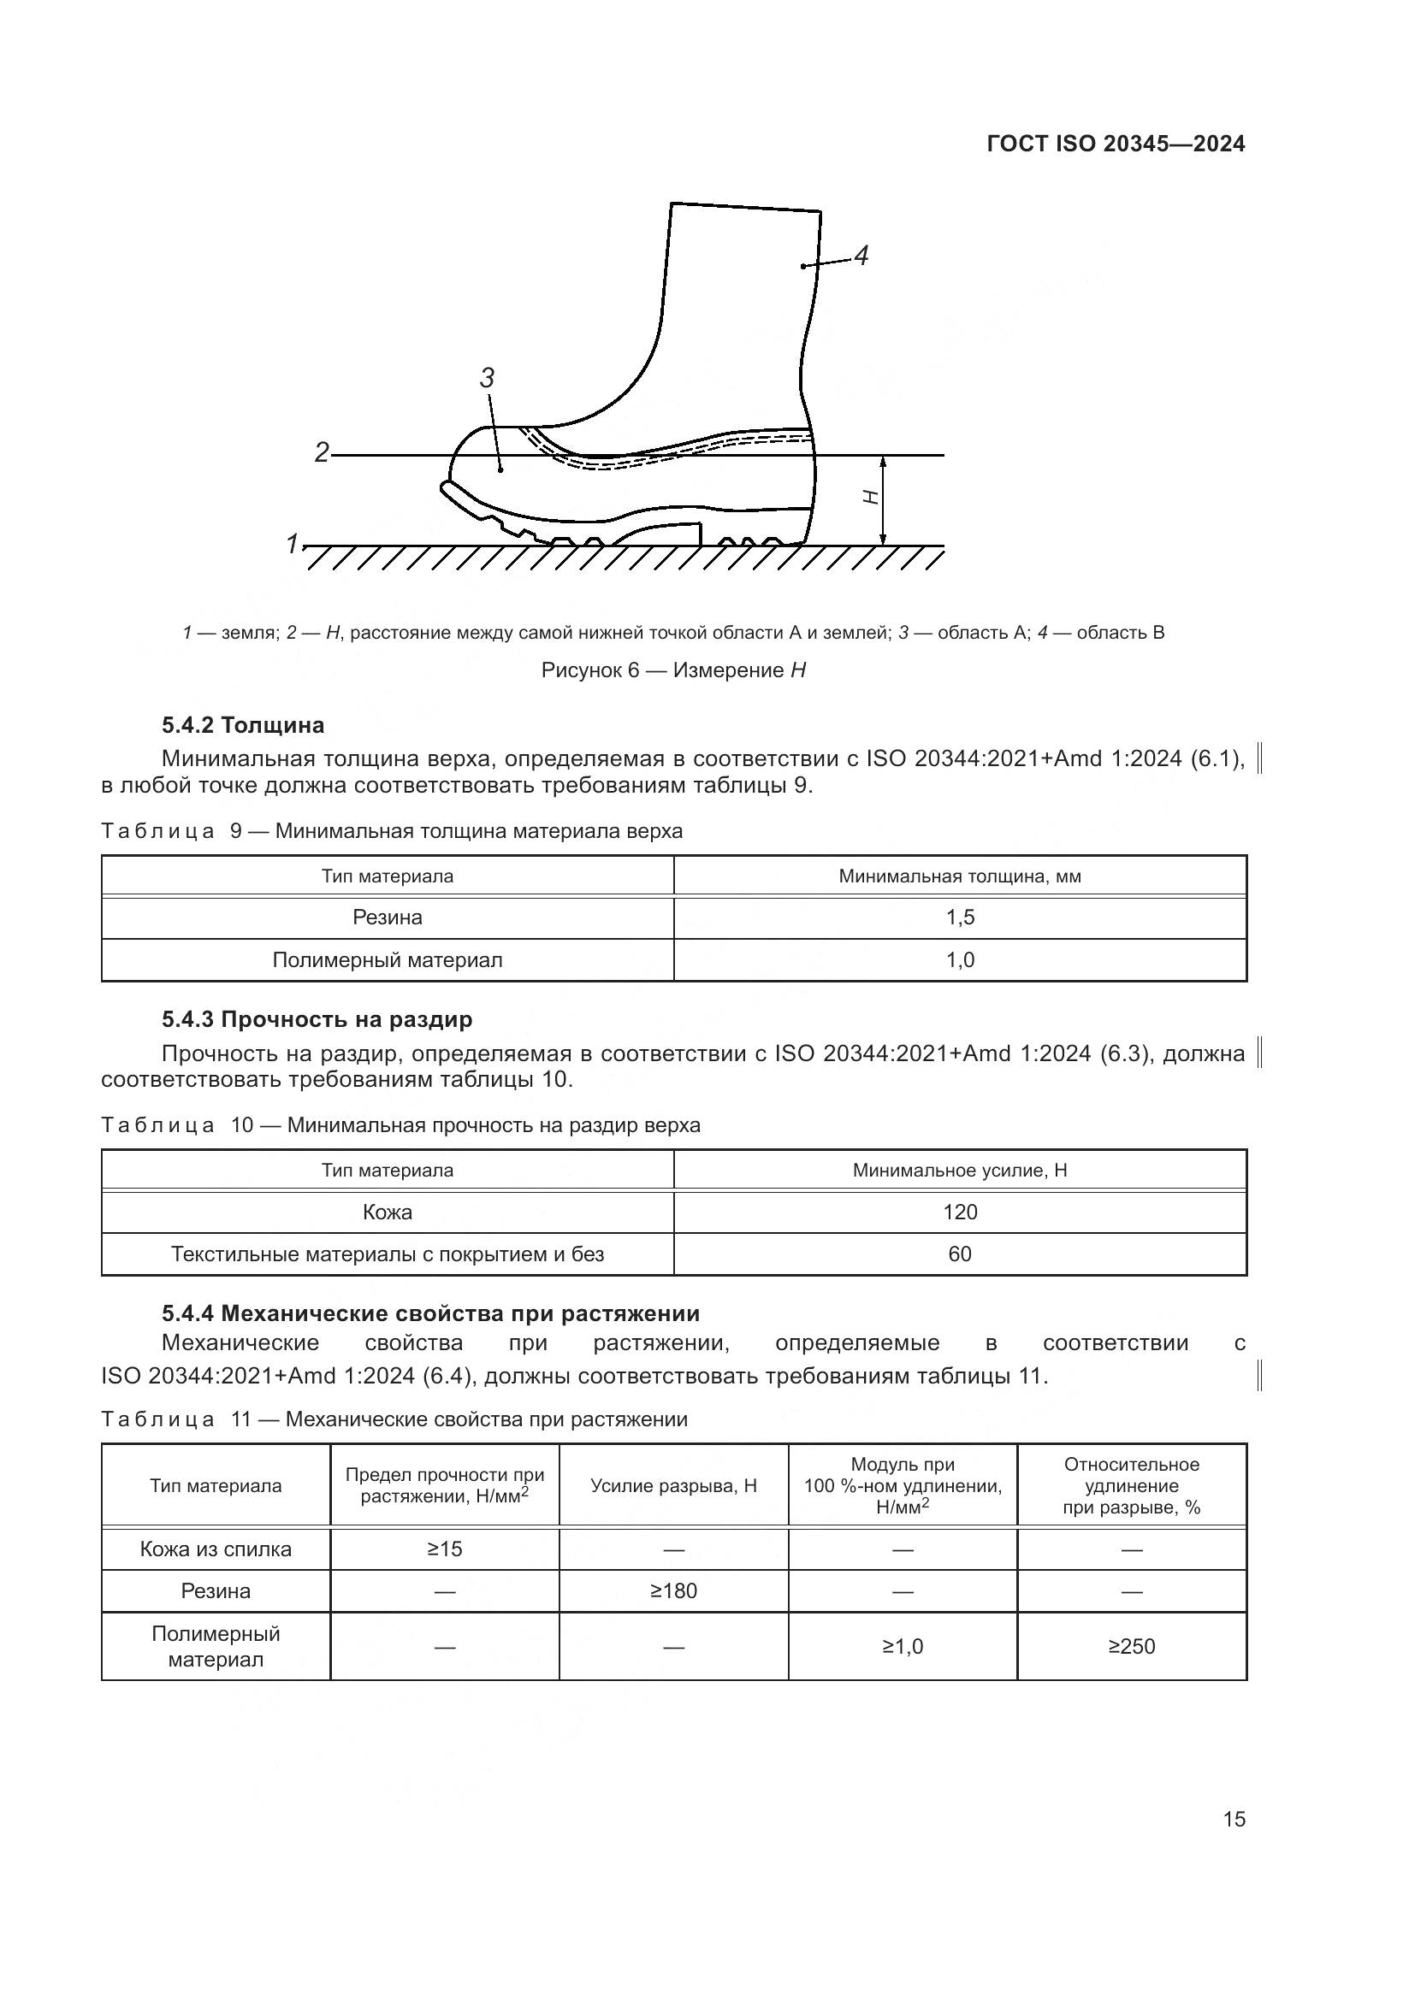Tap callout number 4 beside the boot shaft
(x=861, y=257)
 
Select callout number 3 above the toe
(x=487, y=378)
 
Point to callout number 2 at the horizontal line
(x=322, y=453)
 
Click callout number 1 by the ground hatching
(x=293, y=544)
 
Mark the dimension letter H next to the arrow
(x=869, y=498)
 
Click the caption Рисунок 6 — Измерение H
(x=672, y=670)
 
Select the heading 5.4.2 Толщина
(x=242, y=725)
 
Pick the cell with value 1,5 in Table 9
(x=960, y=917)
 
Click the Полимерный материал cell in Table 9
(x=387, y=960)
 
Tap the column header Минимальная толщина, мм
(x=960, y=876)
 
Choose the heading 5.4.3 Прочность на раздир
(x=317, y=1019)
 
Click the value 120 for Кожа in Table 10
(x=960, y=1212)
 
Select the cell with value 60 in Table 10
(x=960, y=1254)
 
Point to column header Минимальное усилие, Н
(x=960, y=1171)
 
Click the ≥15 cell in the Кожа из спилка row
(x=444, y=1549)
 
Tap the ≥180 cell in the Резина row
(x=673, y=1591)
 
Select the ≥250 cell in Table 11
(x=1131, y=1646)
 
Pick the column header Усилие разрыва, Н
(x=673, y=1486)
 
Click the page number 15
(x=1234, y=1820)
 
